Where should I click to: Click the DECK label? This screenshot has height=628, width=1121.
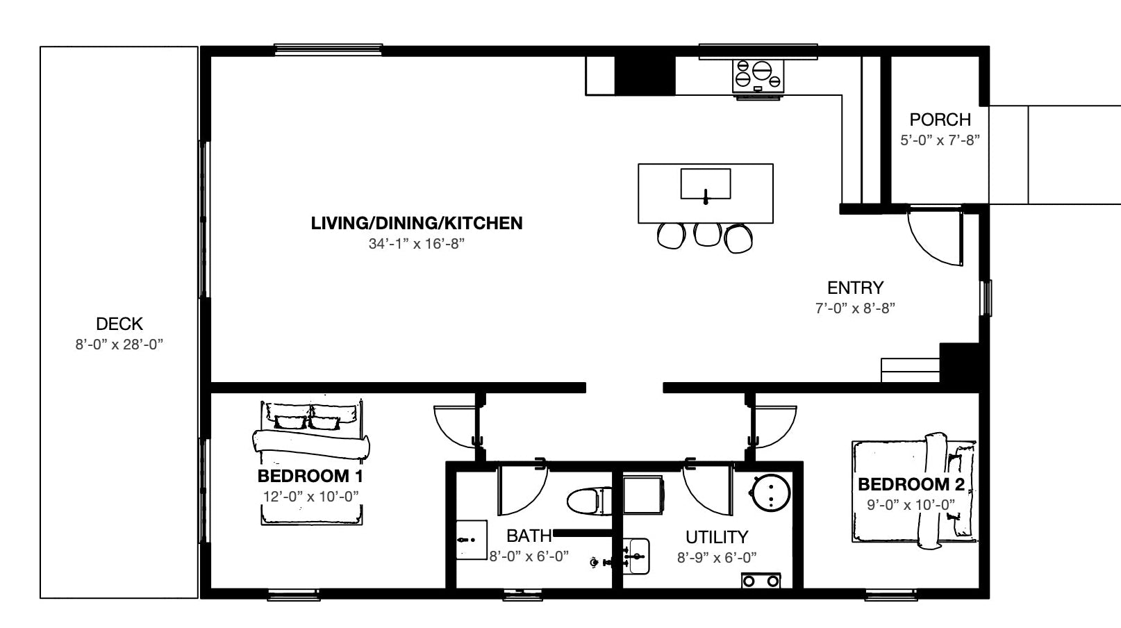pos(119,324)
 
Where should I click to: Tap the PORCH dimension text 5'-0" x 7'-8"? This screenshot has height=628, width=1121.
pos(940,140)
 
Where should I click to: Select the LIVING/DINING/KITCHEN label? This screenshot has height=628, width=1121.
pos(417,223)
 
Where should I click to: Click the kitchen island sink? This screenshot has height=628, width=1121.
pos(705,184)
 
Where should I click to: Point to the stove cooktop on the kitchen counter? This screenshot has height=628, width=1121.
pos(758,75)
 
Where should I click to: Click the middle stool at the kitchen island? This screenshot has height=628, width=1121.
pos(707,234)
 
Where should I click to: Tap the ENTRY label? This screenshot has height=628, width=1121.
pos(855,288)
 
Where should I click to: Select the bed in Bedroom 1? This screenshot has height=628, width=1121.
pos(310,462)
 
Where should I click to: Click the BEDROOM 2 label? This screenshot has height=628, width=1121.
pos(911,484)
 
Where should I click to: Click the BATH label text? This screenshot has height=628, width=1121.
pos(529,536)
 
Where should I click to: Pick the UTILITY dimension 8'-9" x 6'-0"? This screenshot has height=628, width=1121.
pos(716,557)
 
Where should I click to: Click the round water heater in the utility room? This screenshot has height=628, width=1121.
pos(770,493)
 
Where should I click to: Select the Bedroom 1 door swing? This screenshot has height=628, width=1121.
pos(455,426)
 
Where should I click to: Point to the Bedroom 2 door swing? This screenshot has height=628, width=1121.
pos(775,426)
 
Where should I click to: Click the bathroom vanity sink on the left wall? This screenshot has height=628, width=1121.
pos(471,540)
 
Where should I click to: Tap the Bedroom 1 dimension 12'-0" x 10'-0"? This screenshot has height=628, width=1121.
pos(310,497)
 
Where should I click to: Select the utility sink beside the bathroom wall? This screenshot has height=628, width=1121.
pos(636,556)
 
